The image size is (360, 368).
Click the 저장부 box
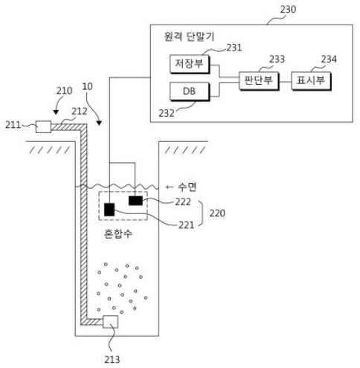click(190, 64)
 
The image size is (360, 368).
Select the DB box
click(190, 91)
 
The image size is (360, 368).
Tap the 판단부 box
click(259, 81)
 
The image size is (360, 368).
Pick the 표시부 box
click(311, 81)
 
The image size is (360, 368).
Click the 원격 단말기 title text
click(189, 36)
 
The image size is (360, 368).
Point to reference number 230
click(288, 10)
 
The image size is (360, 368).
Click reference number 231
click(234, 48)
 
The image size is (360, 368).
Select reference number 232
click(167, 113)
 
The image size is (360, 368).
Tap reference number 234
click(329, 59)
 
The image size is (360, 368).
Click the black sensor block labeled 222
click(135, 201)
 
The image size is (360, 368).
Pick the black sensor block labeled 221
click(109, 210)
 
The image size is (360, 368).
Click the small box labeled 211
click(43, 126)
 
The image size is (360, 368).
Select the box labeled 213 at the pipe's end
click(110, 322)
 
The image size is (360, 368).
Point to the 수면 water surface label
click(187, 187)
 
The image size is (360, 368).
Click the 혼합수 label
click(118, 233)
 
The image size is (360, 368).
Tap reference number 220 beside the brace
click(217, 213)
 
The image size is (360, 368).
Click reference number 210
click(64, 91)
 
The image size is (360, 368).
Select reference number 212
click(80, 112)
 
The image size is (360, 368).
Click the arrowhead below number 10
click(99, 123)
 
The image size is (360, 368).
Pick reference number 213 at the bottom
click(112, 359)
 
